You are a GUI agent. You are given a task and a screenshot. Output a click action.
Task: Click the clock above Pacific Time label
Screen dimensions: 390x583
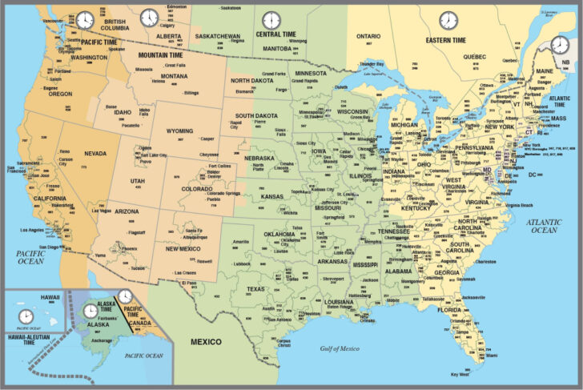(x=84, y=20)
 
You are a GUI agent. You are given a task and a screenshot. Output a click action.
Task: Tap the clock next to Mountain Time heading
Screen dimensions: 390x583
(x=149, y=18)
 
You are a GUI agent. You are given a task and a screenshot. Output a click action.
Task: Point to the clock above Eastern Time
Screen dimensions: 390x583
(x=447, y=20)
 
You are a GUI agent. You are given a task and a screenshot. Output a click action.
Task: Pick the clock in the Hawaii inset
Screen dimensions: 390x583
(x=26, y=316)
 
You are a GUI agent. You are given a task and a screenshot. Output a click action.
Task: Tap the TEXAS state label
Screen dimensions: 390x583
(x=255, y=289)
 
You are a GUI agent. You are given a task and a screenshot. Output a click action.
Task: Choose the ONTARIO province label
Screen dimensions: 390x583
(x=368, y=36)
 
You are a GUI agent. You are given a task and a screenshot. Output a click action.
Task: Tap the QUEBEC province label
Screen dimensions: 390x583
(x=475, y=57)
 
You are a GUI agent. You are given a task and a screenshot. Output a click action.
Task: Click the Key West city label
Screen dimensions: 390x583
(x=460, y=375)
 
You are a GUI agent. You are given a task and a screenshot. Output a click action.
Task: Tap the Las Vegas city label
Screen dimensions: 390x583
(x=102, y=211)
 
